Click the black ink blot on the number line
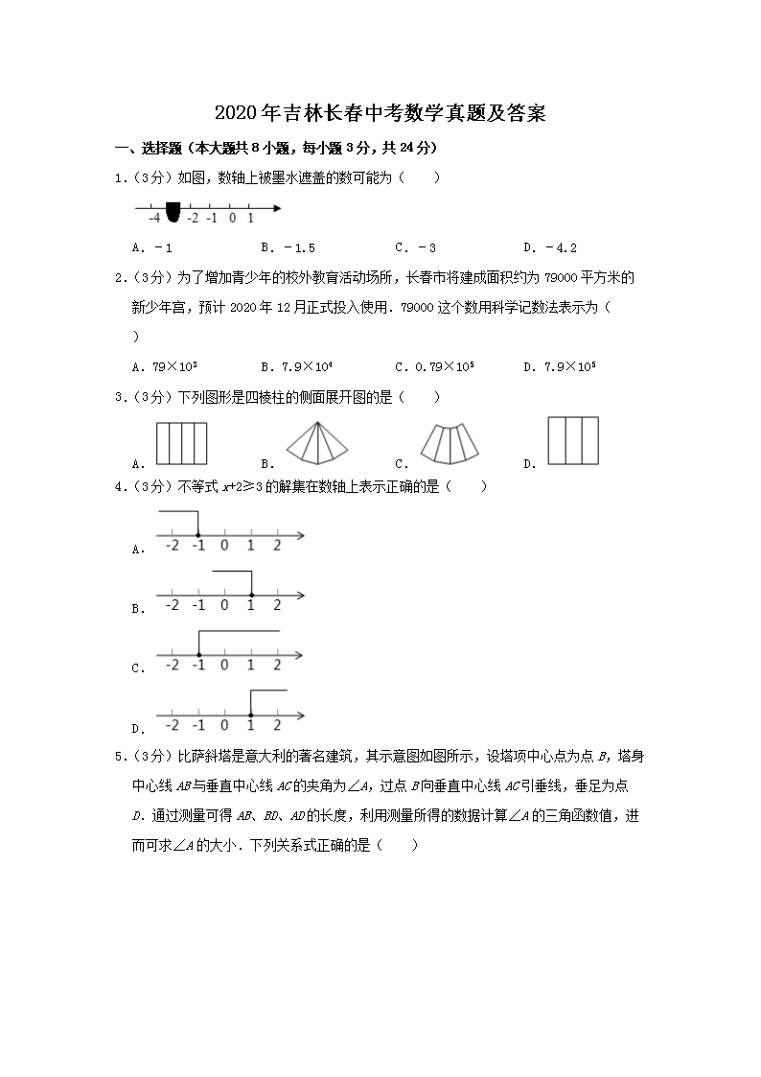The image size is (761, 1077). pos(173,209)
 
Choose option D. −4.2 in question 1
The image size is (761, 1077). pos(550,247)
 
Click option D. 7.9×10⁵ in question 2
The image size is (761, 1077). pos(560,365)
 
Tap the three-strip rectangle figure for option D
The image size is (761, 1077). pos(573,440)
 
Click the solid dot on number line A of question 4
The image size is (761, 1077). pos(197,535)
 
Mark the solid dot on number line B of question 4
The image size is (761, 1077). pos(251,595)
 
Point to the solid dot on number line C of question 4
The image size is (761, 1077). pos(197,654)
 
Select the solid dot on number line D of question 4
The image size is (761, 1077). pos(251,714)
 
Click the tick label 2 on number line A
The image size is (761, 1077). pos(277,547)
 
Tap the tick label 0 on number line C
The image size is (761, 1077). pos(224,666)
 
